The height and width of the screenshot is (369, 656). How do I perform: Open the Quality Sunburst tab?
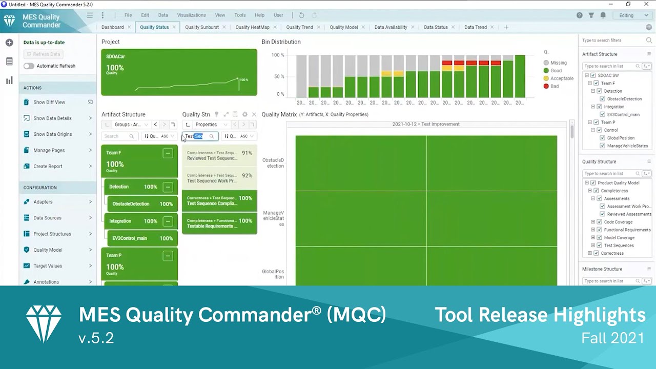(x=201, y=27)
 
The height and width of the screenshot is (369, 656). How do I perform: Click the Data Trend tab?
(x=475, y=27)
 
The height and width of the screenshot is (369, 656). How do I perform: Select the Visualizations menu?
(x=191, y=15)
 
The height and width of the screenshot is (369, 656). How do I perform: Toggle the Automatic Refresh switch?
(x=29, y=66)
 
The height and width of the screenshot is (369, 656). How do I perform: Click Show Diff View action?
(x=49, y=102)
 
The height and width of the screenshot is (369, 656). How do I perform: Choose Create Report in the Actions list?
(x=48, y=166)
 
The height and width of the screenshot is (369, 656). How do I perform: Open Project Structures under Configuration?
(x=52, y=234)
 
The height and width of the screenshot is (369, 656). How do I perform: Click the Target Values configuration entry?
(x=48, y=266)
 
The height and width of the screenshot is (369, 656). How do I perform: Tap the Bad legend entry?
(x=555, y=86)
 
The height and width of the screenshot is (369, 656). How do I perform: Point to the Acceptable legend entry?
(x=562, y=78)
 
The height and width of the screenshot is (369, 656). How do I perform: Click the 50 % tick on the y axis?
(x=279, y=76)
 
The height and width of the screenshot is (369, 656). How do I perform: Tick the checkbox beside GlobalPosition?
(x=602, y=138)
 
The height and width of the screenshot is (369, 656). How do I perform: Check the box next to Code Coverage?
(x=599, y=222)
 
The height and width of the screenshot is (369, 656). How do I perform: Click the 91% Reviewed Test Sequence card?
(x=219, y=155)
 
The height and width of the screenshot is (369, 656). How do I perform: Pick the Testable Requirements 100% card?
(x=219, y=223)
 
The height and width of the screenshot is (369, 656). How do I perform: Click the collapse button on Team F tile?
(x=168, y=153)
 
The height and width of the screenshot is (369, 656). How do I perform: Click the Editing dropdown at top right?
(x=634, y=15)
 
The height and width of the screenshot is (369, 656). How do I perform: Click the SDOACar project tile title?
(x=115, y=56)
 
